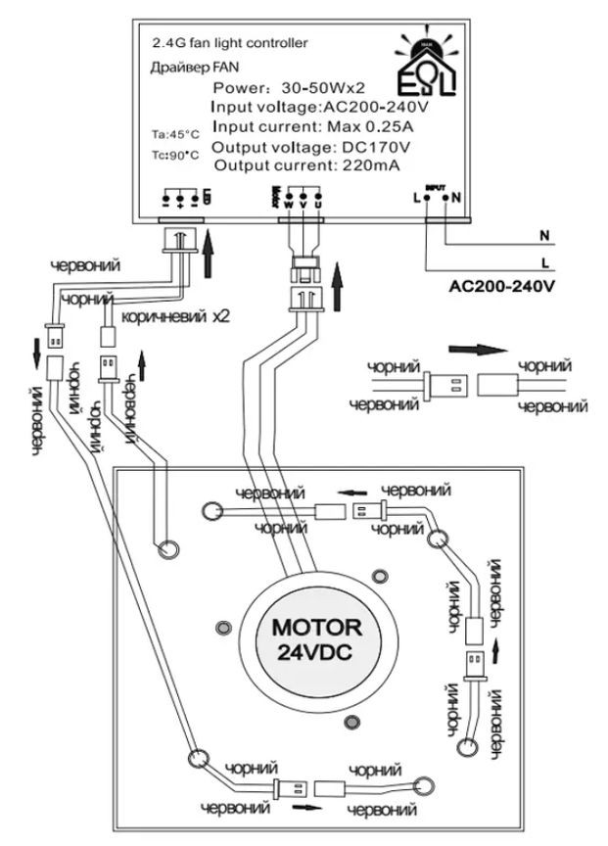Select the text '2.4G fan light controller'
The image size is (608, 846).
point(224,43)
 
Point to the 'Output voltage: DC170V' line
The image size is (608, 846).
point(310,147)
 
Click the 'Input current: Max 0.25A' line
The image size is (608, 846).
point(310,127)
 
